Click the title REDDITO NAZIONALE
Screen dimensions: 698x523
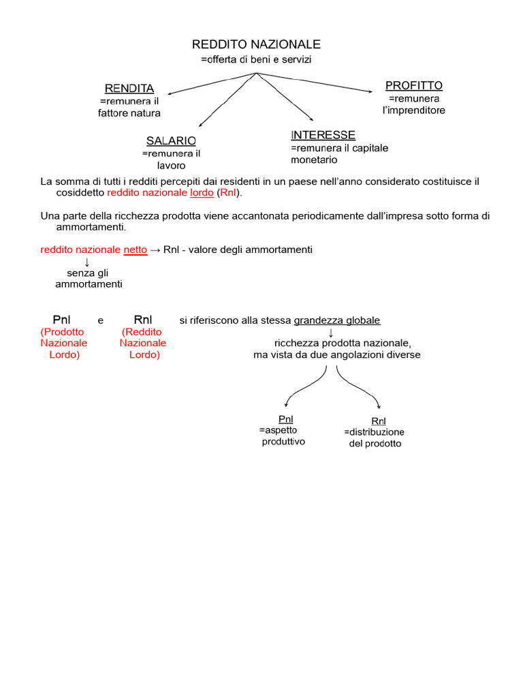[x=256, y=44]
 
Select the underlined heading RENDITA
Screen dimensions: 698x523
[x=129, y=89]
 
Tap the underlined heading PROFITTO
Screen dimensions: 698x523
[x=414, y=86]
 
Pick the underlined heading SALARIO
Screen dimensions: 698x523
[x=171, y=140]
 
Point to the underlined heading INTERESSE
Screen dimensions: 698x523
[x=323, y=135]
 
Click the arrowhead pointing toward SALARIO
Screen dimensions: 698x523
[x=200, y=125]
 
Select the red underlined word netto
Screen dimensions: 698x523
[x=135, y=250]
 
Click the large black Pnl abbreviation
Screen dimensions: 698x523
[x=64, y=320]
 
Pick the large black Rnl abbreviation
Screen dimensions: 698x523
[x=143, y=320]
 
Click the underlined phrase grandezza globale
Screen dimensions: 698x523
[x=337, y=320]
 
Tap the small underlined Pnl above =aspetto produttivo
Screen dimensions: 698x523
[x=286, y=419]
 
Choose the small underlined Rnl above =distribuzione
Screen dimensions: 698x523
[x=379, y=421]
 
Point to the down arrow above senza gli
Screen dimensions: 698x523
[x=87, y=262]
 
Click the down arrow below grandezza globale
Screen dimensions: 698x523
[x=331, y=332]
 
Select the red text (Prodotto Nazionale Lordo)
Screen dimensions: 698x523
[x=64, y=344]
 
